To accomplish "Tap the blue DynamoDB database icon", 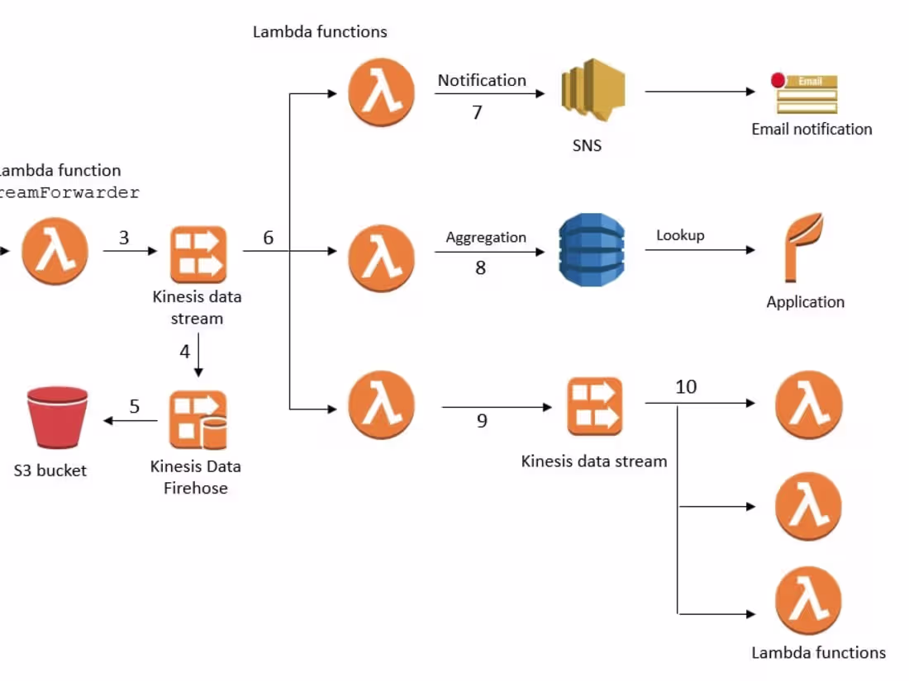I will (x=591, y=250).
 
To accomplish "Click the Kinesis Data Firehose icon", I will (x=198, y=419).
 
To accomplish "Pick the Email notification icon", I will (x=806, y=93).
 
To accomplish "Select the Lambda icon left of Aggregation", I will (x=381, y=252).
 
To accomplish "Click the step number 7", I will (x=477, y=112).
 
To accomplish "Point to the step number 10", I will (x=686, y=386).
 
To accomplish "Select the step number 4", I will (x=185, y=352).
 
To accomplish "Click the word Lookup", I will (x=680, y=235).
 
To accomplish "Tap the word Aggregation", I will (x=486, y=237).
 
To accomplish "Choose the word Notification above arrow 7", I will (x=482, y=80).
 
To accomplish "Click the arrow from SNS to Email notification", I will (x=699, y=92).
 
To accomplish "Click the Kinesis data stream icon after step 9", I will (x=594, y=406).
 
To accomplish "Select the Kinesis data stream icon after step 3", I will (x=198, y=253).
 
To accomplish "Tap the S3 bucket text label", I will (x=50, y=471).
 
